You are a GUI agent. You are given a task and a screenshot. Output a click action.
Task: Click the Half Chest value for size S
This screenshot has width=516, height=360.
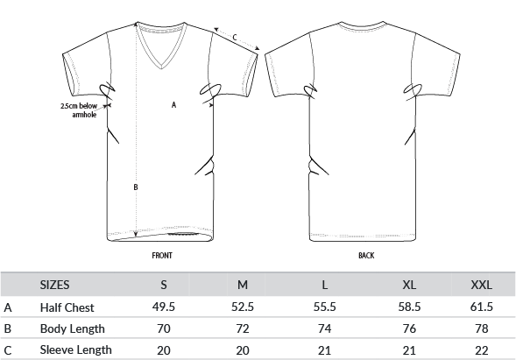164,307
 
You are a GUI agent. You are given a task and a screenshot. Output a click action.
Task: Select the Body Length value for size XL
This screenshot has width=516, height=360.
409,328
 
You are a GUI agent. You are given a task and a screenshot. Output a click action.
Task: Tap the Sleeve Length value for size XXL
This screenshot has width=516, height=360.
482,350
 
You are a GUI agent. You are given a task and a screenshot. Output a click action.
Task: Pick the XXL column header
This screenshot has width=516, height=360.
482,285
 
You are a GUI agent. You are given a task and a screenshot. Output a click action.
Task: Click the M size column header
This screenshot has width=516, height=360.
243,285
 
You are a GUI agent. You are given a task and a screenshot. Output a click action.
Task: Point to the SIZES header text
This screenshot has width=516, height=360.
54,285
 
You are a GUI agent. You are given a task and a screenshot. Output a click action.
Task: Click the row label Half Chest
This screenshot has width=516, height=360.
67,307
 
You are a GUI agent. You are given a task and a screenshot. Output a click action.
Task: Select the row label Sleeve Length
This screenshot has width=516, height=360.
75,349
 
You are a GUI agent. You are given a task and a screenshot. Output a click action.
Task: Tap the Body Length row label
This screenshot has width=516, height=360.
73,328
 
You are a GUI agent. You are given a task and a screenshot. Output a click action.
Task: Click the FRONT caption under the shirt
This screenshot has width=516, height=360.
162,256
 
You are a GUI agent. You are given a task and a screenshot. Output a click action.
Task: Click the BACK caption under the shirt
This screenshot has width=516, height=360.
366,256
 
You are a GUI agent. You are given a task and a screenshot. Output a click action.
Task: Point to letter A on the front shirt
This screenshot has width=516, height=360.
174,104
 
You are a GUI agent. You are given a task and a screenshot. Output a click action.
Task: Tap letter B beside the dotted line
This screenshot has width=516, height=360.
136,187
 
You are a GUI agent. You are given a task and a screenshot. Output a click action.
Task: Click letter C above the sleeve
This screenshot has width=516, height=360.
235,38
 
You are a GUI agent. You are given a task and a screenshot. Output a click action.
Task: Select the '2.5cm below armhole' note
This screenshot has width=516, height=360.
79,110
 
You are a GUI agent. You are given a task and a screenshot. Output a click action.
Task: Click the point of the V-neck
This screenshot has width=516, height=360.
161,69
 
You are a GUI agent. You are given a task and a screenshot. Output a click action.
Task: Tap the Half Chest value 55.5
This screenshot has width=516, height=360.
324,307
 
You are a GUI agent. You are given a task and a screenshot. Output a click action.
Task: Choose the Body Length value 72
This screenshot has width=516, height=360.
243,328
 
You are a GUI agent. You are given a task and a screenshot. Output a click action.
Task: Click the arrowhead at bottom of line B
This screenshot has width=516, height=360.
136,234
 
